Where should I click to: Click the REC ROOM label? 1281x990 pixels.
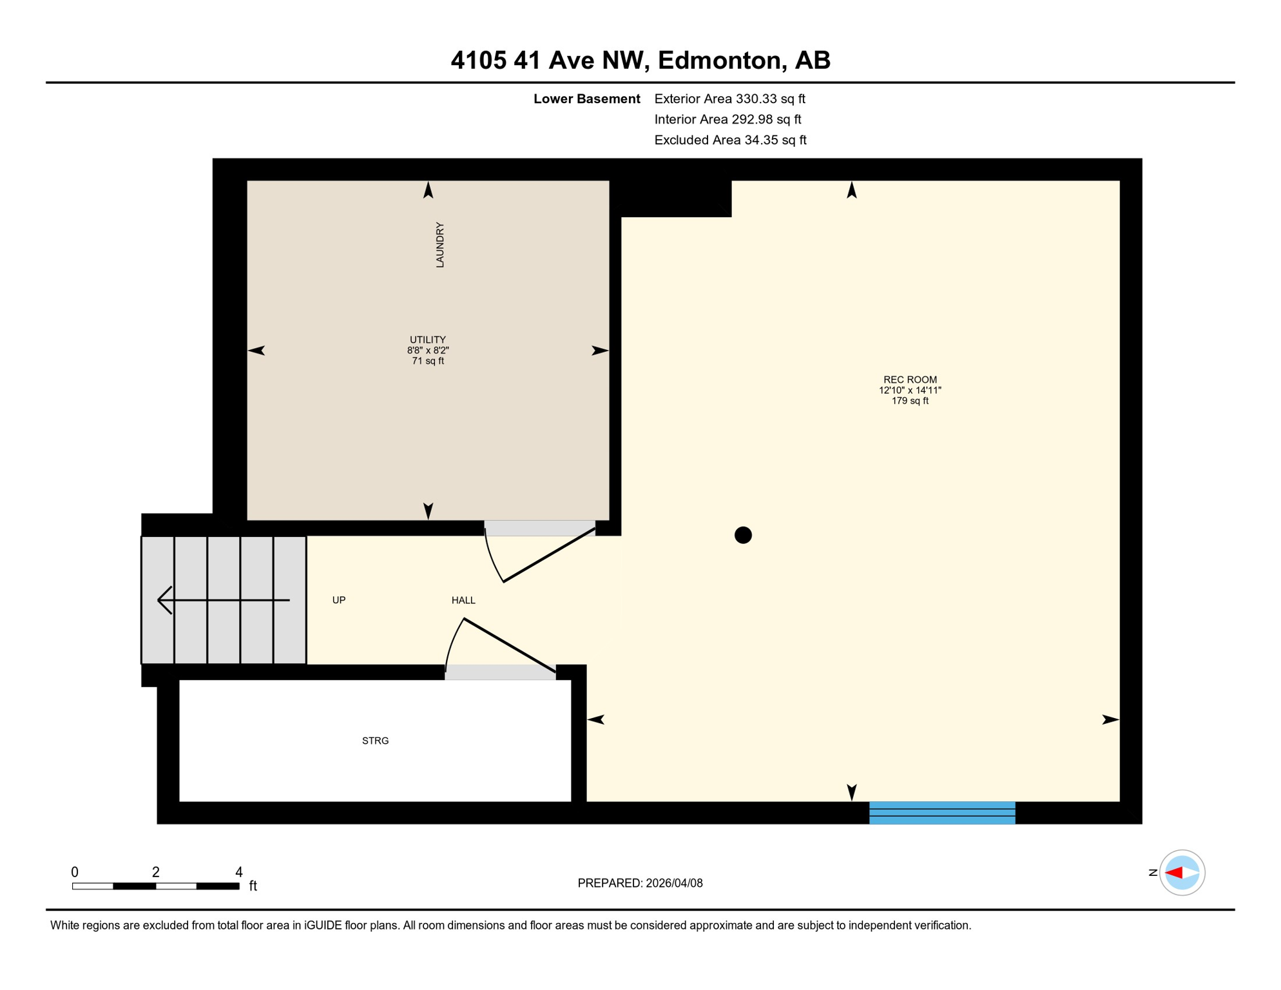pyautogui.click(x=910, y=380)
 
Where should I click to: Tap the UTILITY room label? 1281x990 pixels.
pyautogui.click(x=428, y=340)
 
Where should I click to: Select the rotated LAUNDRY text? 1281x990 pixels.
pyautogui.click(x=440, y=245)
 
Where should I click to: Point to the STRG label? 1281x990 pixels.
pyautogui.click(x=375, y=741)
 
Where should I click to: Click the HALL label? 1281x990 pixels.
pyautogui.click(x=463, y=600)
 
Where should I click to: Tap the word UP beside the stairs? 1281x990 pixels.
pyautogui.click(x=339, y=600)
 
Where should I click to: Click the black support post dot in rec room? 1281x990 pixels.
pyautogui.click(x=743, y=535)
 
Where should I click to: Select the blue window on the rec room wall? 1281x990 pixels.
pyautogui.click(x=942, y=813)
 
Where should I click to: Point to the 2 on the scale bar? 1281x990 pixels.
pyautogui.click(x=156, y=872)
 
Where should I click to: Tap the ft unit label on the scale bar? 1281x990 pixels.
pyautogui.click(x=253, y=886)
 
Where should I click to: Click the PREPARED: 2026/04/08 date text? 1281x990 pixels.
pyautogui.click(x=640, y=883)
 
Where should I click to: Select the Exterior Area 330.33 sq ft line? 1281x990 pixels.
pyautogui.click(x=729, y=99)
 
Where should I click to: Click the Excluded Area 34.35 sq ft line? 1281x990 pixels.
pyautogui.click(x=730, y=140)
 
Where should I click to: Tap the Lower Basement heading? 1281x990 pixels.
pyautogui.click(x=586, y=99)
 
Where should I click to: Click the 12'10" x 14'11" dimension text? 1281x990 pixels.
pyautogui.click(x=910, y=390)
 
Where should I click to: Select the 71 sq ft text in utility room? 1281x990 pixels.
pyautogui.click(x=428, y=361)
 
